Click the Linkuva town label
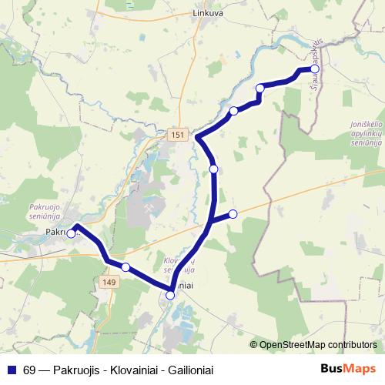[208, 13]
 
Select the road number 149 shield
[108, 284]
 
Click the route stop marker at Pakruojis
[71, 233]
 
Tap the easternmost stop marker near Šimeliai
[314, 69]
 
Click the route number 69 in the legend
[30, 370]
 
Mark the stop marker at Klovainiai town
[171, 294]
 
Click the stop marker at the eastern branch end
[233, 213]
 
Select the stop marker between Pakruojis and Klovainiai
[126, 267]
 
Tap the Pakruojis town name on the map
[56, 231]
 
